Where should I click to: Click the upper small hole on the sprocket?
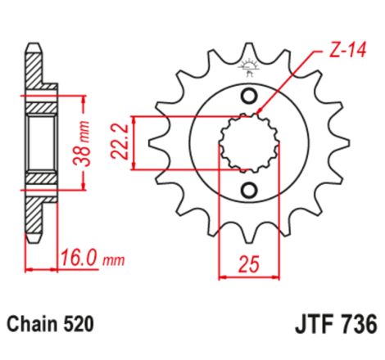click(x=248, y=96)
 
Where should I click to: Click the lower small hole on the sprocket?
click(x=248, y=192)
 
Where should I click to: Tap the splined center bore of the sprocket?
click(x=248, y=144)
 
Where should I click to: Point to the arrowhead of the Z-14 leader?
click(x=260, y=113)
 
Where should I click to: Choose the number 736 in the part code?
click(x=356, y=325)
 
